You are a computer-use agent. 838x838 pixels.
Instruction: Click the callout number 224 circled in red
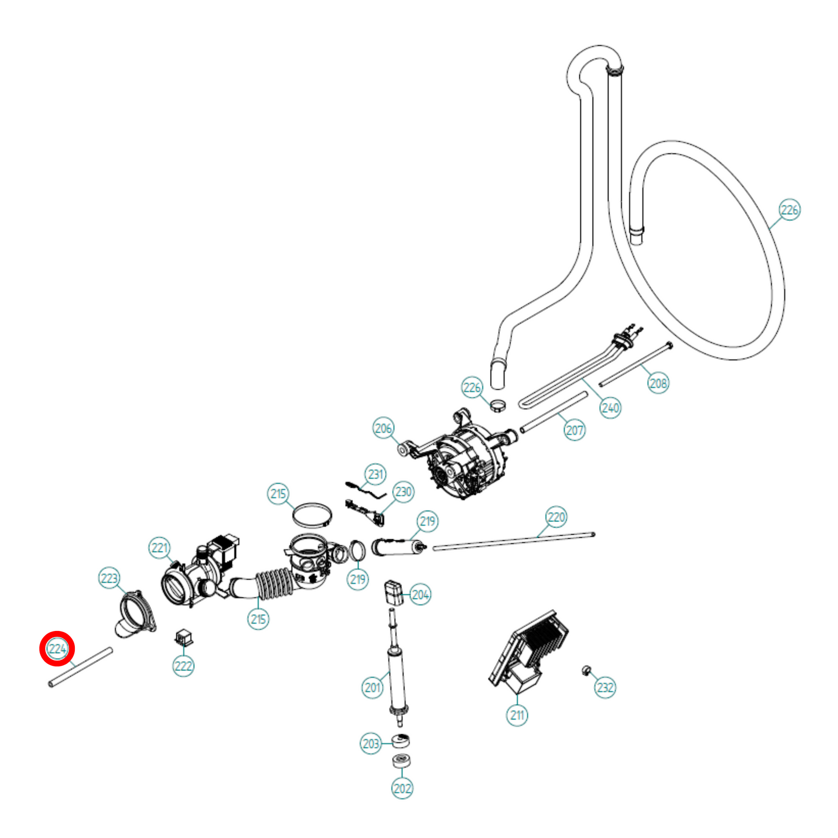coord(57,648)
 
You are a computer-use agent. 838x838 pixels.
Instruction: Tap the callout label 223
coord(109,578)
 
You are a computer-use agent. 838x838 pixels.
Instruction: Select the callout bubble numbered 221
coord(159,547)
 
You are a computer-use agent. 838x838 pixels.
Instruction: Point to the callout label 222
coord(183,666)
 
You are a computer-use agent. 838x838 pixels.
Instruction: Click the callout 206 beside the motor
coord(383,428)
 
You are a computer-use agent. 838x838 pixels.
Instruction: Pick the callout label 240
coord(610,407)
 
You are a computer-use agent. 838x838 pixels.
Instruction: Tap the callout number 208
coord(658,383)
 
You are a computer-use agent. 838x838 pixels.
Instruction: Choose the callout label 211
coord(517,714)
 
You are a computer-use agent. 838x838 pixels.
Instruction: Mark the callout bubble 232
coord(605,687)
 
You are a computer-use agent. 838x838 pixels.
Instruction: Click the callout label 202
coord(402,788)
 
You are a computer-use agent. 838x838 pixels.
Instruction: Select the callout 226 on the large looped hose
coord(789,210)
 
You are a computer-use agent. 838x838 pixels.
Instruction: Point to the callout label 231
coord(376,474)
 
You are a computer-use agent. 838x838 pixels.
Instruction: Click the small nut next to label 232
coord(585,671)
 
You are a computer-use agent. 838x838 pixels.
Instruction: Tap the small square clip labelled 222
coord(184,637)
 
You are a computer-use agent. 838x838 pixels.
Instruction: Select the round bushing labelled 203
coord(401,741)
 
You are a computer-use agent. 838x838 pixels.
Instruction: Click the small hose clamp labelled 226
coord(496,405)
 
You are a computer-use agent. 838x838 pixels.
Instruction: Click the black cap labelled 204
coord(392,592)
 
